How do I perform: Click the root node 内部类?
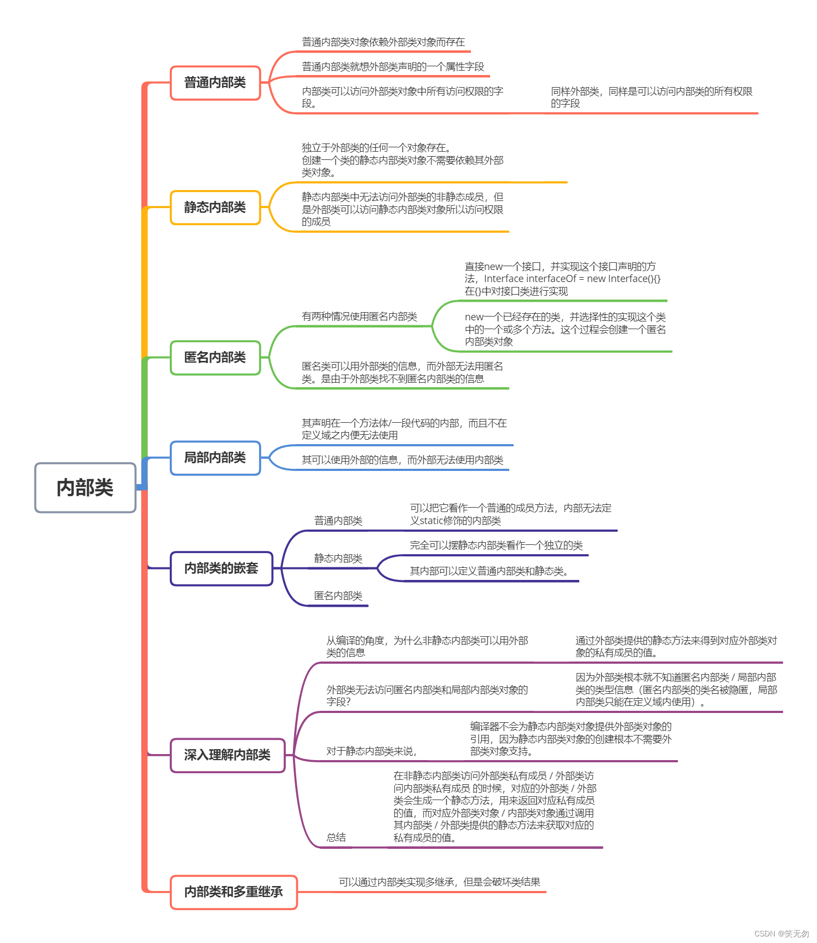point(85,487)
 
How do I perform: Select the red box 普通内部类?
point(215,83)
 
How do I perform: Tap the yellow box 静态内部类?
point(215,207)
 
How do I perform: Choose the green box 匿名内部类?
point(215,357)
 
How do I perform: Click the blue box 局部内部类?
point(215,457)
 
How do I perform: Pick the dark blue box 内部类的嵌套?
point(221,568)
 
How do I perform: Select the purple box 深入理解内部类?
point(227,755)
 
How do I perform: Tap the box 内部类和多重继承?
point(233,892)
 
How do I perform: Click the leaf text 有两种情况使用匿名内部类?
point(359,317)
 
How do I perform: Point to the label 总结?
point(336,837)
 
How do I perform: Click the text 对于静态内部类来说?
point(371,751)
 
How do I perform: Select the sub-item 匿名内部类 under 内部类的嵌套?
point(338,596)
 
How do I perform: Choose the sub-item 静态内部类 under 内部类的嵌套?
point(338,559)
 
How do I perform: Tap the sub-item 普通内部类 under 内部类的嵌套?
point(338,521)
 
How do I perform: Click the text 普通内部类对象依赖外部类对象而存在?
point(383,42)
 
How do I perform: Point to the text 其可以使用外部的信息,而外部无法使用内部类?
point(402,460)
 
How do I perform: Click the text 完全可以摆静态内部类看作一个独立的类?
point(496,545)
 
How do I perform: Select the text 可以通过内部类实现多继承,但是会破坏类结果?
point(439,882)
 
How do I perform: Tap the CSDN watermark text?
point(781,934)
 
